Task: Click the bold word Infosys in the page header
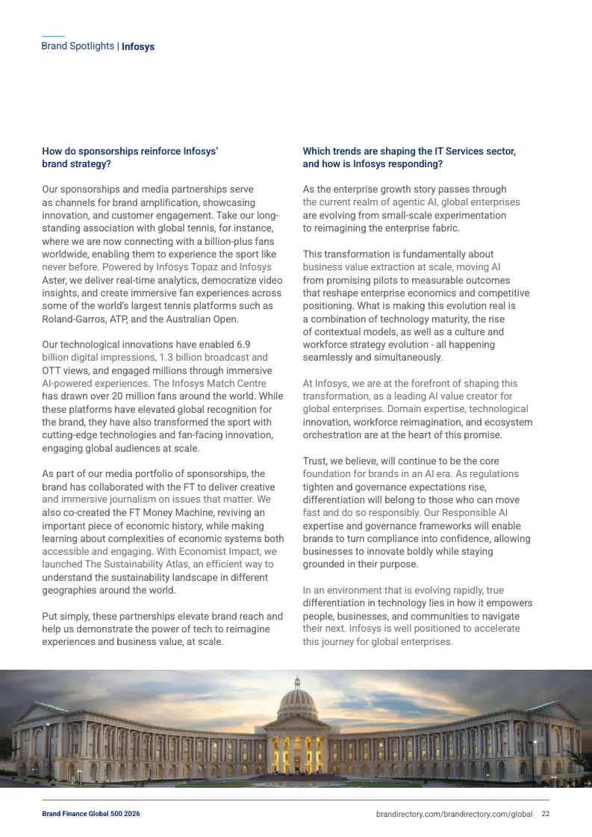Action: tap(138, 46)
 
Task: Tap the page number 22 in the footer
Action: tap(546, 813)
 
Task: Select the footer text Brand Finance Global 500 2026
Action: tap(90, 813)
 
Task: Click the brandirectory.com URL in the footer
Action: tap(454, 813)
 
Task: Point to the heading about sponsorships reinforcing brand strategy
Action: tap(130, 158)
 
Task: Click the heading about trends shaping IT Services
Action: tap(409, 158)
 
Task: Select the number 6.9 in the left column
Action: tap(242, 344)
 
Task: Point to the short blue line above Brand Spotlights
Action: tap(53, 36)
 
